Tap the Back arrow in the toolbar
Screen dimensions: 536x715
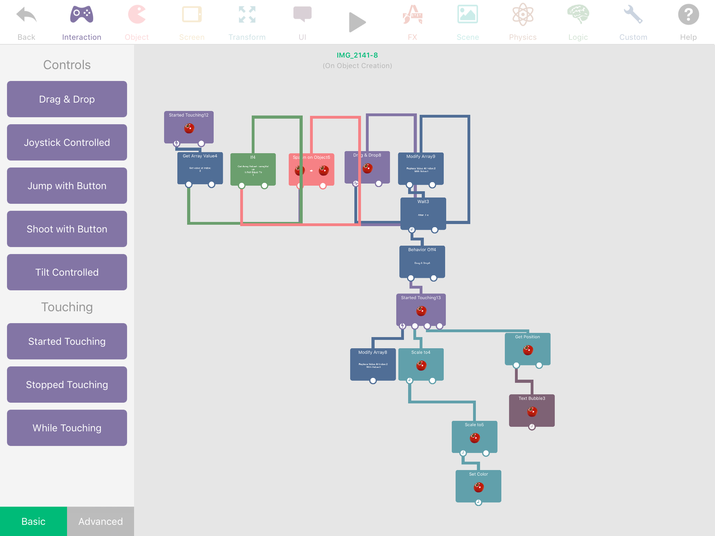pyautogui.click(x=26, y=16)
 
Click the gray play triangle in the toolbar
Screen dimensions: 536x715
pyautogui.click(x=357, y=23)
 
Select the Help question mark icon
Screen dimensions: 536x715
pyautogui.click(x=688, y=15)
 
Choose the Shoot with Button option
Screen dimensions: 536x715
pyautogui.click(x=67, y=229)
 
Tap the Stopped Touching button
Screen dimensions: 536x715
pyautogui.click(x=67, y=385)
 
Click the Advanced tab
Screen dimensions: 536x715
pyautogui.click(x=101, y=521)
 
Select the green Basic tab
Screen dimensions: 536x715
pyautogui.click(x=34, y=521)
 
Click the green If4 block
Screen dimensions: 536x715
pyautogui.click(x=253, y=169)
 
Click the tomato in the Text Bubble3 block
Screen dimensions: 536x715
pyautogui.click(x=532, y=412)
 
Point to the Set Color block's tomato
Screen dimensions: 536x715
pyautogui.click(x=478, y=487)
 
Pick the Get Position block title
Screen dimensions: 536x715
pyautogui.click(x=528, y=337)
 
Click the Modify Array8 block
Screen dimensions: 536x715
pyautogui.click(x=373, y=364)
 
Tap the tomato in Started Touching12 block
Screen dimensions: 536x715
pyautogui.click(x=189, y=128)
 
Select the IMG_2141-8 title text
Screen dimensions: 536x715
pyautogui.click(x=357, y=55)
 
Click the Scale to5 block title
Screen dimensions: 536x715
pyautogui.click(x=474, y=425)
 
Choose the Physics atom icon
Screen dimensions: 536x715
pyautogui.click(x=523, y=15)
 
